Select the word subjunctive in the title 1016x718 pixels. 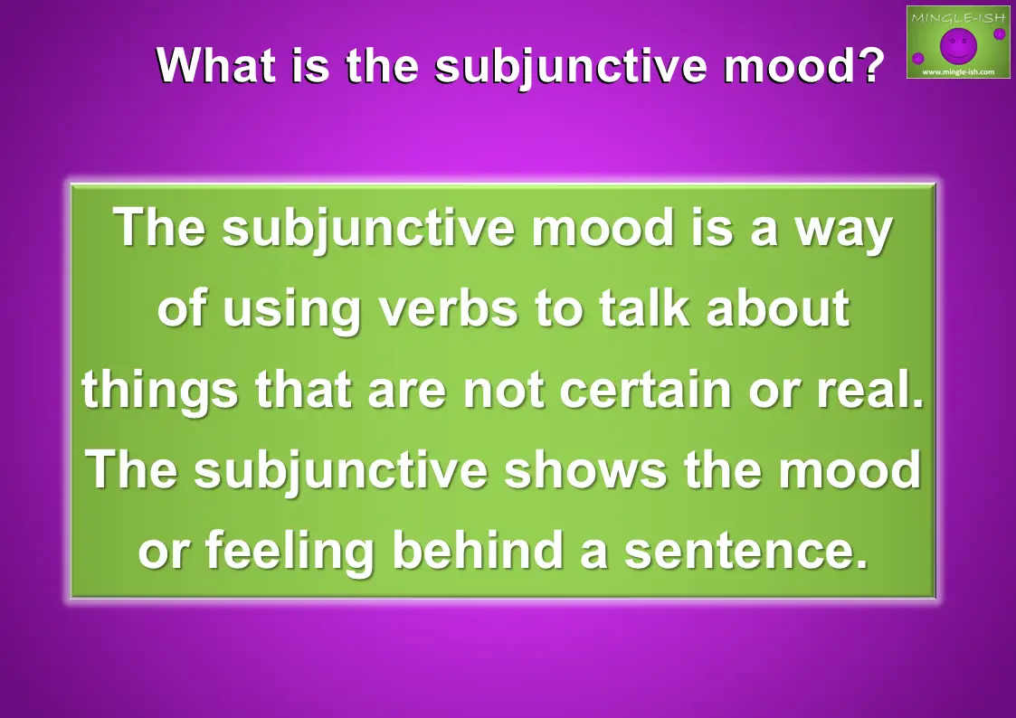tap(571, 67)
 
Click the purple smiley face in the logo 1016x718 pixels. tap(958, 45)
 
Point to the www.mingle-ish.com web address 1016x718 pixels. tap(958, 71)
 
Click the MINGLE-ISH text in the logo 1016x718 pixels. tap(958, 17)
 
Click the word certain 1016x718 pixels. tap(645, 389)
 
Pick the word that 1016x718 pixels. tap(304, 389)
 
